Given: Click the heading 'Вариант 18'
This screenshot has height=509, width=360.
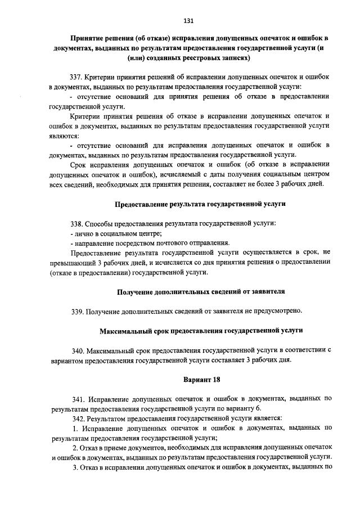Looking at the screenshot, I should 201,379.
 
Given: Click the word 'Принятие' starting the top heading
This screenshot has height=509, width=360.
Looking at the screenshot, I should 86,38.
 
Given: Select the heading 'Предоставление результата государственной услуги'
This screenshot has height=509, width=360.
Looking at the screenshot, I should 200,204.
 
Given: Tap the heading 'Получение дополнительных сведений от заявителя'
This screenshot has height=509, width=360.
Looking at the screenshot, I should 201,291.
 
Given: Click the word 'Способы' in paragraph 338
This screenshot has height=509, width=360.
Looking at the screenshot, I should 101,223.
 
